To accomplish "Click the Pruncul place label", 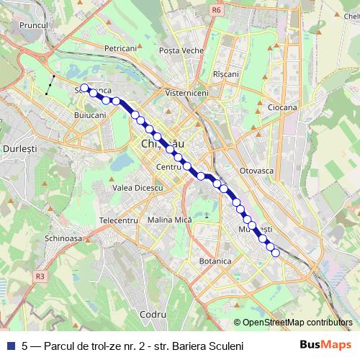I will point(33,24).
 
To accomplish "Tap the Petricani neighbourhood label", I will point(120,48).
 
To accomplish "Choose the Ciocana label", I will point(282,107).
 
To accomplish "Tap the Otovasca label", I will point(257,172).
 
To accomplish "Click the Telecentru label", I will point(118,220).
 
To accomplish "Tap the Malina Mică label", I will point(168,220).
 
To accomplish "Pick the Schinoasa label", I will point(63,238).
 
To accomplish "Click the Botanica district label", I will point(214,261).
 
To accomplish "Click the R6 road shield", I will point(217,11).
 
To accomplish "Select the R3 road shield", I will point(40,275).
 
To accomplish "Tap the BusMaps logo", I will point(320,346).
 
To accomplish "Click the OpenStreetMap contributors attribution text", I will point(297,323).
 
